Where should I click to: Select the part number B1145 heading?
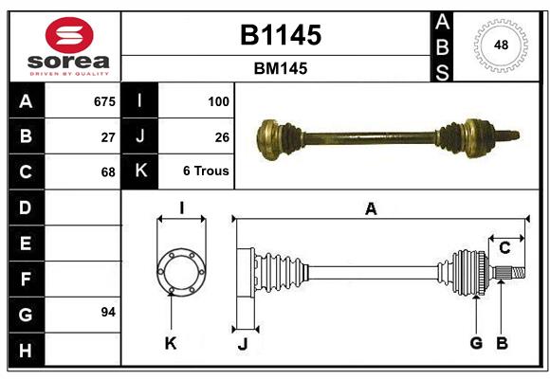(280, 35)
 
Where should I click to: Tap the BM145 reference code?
(280, 68)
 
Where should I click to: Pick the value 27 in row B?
(108, 136)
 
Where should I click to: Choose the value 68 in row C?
(108, 172)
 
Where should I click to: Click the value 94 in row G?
(108, 312)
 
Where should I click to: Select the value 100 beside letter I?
(217, 100)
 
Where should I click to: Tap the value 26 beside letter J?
(222, 136)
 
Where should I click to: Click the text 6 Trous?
(207, 172)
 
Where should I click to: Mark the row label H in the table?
(25, 351)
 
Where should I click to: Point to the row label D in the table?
(25, 208)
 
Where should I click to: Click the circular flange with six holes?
(180, 272)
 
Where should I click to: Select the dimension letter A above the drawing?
(371, 209)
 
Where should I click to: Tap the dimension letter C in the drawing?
(504, 248)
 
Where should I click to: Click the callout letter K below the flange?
(171, 343)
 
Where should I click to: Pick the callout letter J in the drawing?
(242, 344)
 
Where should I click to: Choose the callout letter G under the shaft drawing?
(476, 343)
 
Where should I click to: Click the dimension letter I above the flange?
(181, 207)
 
